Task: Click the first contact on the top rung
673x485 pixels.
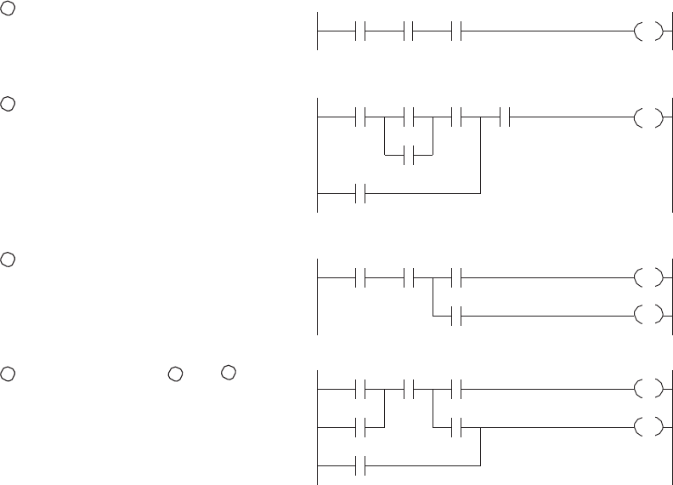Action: point(364,34)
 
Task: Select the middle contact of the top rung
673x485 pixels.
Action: point(411,34)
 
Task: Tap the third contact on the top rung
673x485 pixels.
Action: point(459,34)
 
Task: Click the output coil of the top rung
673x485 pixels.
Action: point(647,34)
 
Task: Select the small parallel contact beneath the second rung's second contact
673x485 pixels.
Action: point(411,156)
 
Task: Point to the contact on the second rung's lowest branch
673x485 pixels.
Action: point(364,193)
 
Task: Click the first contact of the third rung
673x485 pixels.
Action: point(364,277)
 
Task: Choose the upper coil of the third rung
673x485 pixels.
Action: point(647,277)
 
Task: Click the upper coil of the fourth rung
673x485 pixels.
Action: point(647,391)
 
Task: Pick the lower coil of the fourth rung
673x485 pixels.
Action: point(647,427)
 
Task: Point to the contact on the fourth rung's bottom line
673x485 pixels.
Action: point(364,465)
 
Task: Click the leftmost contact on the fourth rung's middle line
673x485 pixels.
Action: point(364,427)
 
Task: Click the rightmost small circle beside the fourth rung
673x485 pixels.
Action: point(227,373)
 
